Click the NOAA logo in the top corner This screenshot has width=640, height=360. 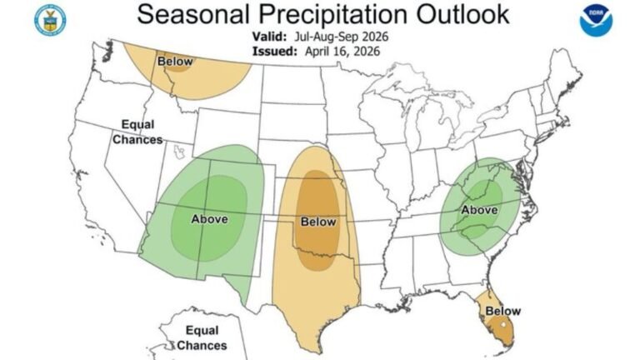pos(597,19)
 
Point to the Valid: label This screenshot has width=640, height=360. pos(270,37)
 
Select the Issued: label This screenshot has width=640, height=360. pos(272,51)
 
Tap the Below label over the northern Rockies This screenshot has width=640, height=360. pos(175,62)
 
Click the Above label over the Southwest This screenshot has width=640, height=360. pos(208,219)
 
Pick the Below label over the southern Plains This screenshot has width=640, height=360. pos(317,222)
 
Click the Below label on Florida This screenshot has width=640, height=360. pos(502,311)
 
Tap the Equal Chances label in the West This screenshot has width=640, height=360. pos(137,132)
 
